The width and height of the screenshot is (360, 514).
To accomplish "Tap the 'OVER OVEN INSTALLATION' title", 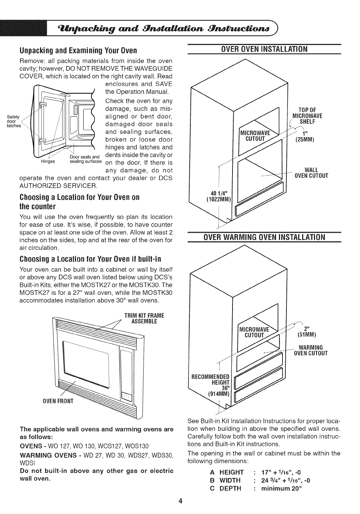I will coord(264,49).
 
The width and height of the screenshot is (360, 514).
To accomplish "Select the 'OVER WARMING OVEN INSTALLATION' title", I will coord(264,237).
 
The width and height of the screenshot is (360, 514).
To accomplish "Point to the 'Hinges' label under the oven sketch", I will coord(48,161).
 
